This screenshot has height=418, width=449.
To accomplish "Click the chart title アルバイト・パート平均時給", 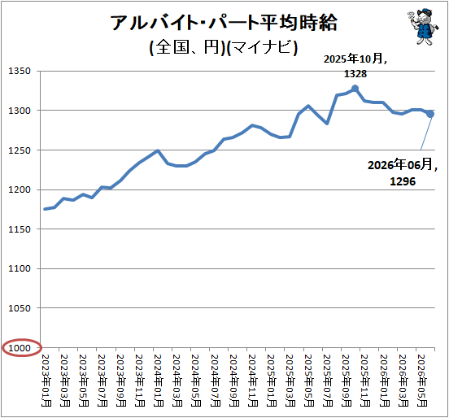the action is (224, 23).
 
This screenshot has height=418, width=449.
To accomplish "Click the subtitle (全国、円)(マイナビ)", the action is (224, 47).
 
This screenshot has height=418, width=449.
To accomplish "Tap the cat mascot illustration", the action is (423, 27).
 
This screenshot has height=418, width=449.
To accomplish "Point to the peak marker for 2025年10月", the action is (355, 88).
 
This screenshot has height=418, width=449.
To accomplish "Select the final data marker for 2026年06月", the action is (430, 114).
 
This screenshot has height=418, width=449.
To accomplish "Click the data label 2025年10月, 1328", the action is (355, 66).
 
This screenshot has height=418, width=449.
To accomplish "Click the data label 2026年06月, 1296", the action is (403, 172).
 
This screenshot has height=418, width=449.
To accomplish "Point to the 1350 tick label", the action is (20, 71).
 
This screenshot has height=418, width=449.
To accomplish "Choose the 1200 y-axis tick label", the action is (20, 189).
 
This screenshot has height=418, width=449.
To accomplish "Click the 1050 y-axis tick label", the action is (20, 308).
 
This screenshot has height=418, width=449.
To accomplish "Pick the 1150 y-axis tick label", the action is (20, 229).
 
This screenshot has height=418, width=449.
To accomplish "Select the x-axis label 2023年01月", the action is (46, 381).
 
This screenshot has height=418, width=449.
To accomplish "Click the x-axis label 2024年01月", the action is (158, 381).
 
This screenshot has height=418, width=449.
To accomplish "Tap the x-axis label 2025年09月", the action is (346, 381).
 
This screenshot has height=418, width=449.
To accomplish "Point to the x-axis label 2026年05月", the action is (421, 381).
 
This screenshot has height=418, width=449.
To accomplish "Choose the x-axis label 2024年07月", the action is (215, 381).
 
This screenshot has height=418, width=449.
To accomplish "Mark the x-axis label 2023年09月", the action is (120, 381).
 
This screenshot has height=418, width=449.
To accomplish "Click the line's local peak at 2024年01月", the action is (158, 150).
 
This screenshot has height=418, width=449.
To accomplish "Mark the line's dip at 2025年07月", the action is (327, 124).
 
